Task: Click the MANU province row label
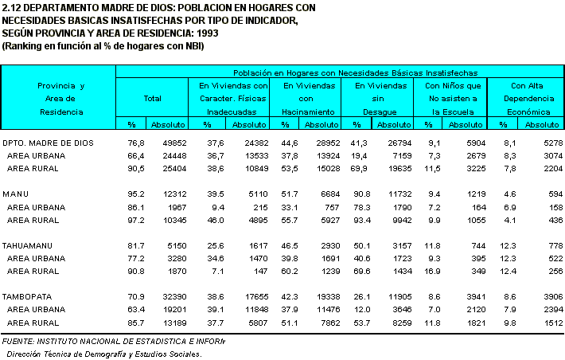[16, 194]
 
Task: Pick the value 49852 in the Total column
[173, 143]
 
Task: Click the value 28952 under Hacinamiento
[328, 143]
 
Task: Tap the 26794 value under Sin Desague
[400, 143]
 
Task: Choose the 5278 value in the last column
[552, 143]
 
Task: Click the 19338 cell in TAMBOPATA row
[328, 295]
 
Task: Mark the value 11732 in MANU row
[400, 194]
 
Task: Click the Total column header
[152, 99]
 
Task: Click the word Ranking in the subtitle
[24, 46]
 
